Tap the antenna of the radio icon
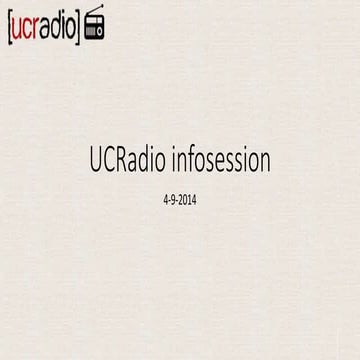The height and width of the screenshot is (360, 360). click(94, 11)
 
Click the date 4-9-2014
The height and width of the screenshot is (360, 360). click(180, 199)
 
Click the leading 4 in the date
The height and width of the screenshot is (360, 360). click(163, 199)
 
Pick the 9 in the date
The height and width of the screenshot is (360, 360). click(172, 199)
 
